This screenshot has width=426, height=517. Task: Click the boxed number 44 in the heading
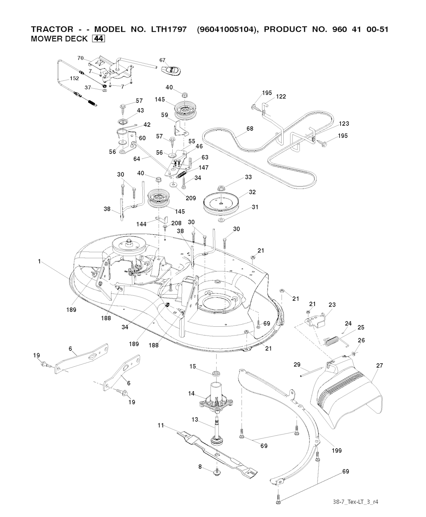pos(98,39)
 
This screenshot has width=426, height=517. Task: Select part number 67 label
pos(163,60)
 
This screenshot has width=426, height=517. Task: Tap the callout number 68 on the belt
pos(250,129)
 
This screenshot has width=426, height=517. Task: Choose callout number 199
pos(337,450)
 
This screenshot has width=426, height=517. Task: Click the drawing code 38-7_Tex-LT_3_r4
pos(356,501)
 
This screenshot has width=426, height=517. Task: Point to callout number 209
pos(191,198)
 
